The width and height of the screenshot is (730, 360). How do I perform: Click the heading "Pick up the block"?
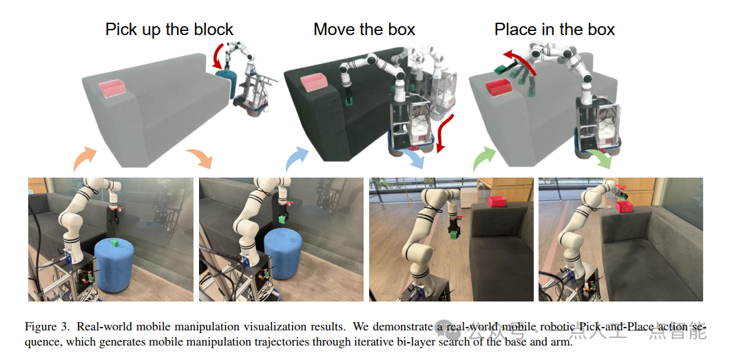click(x=169, y=30)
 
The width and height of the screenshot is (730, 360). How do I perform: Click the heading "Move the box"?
click(x=364, y=30)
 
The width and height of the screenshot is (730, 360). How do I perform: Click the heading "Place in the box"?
click(x=554, y=30)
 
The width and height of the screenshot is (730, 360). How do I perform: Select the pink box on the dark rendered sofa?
click(x=313, y=82)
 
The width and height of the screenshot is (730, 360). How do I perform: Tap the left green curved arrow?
click(x=484, y=159)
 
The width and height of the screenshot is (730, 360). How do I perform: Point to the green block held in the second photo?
click(x=282, y=220)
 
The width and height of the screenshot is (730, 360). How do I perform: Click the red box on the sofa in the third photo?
click(x=497, y=201)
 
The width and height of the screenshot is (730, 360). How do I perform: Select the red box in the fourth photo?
click(x=626, y=205)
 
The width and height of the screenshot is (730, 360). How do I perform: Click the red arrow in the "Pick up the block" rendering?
click(x=219, y=56)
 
